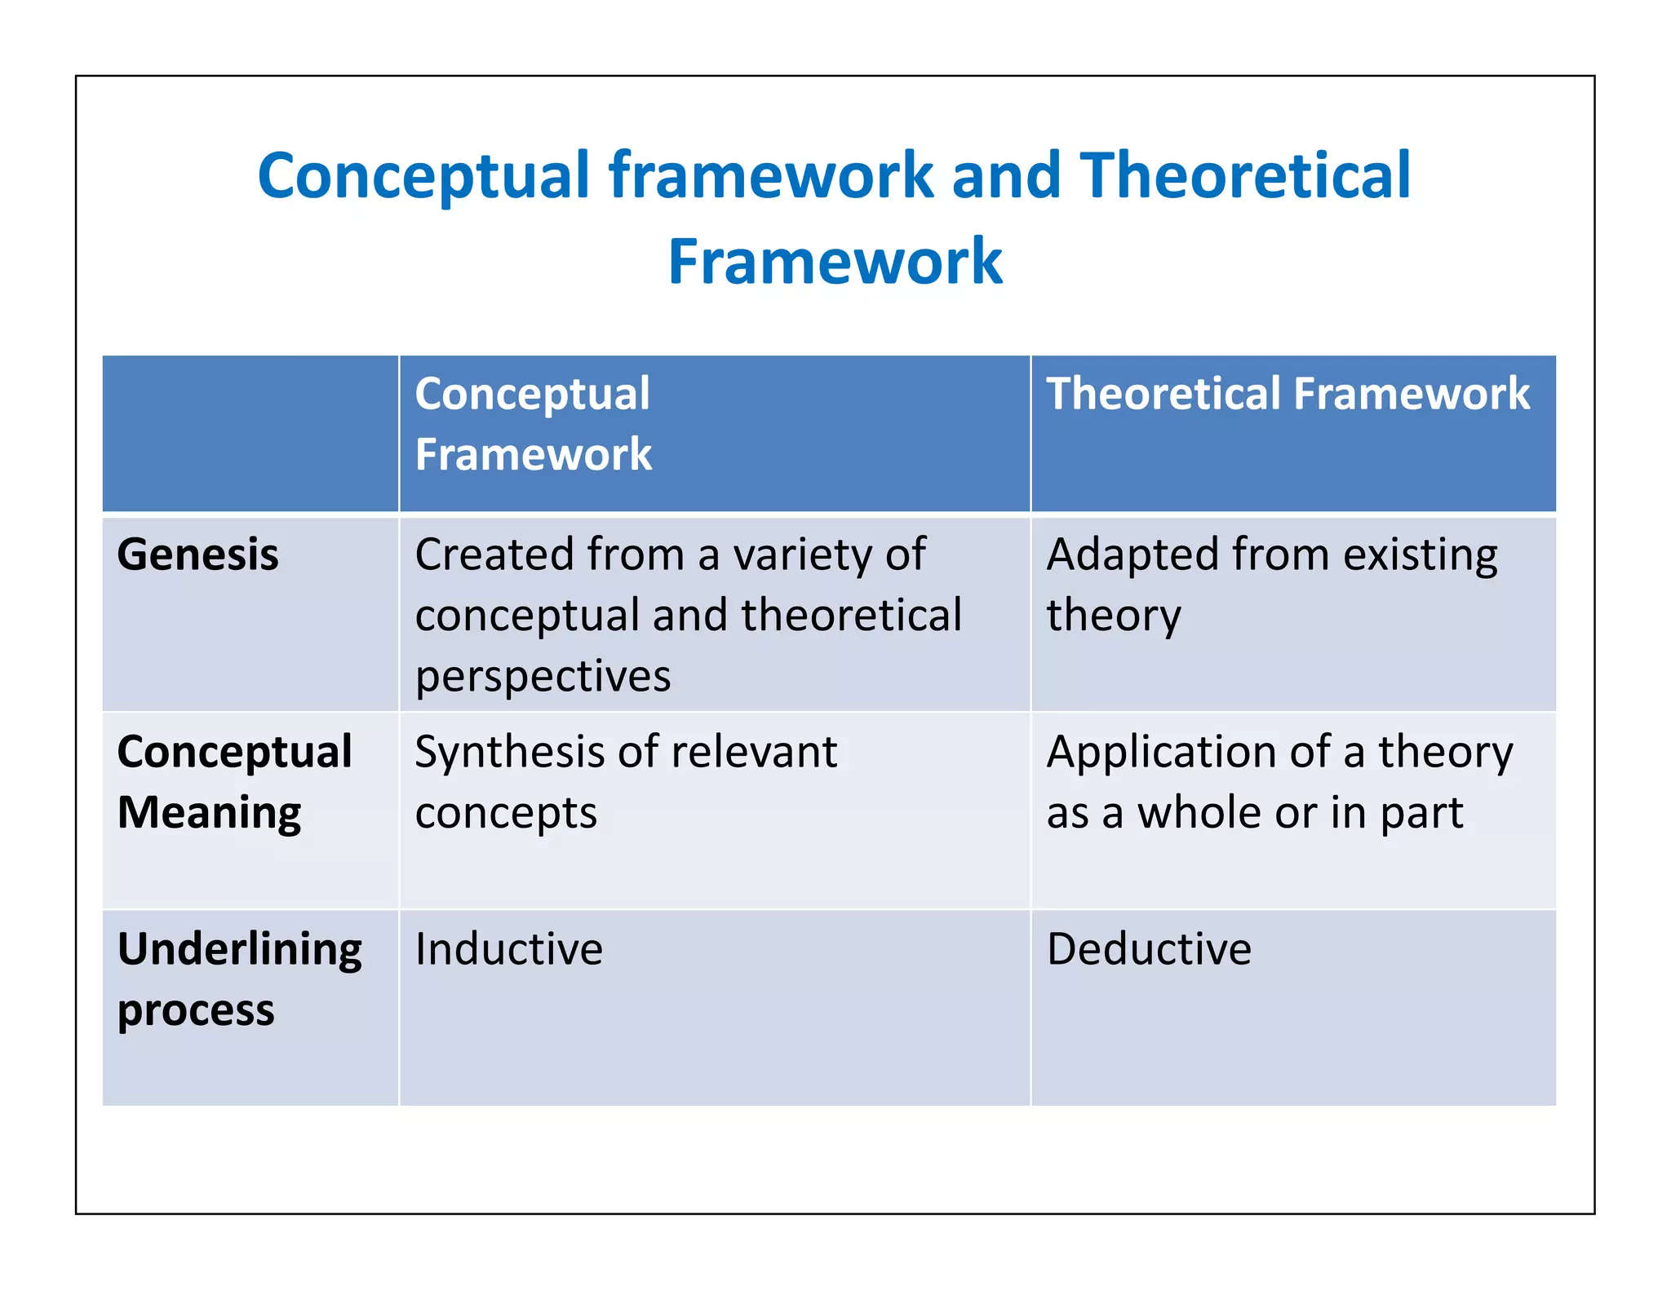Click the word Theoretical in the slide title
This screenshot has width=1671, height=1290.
point(1245,176)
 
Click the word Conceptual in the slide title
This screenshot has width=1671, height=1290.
point(423,176)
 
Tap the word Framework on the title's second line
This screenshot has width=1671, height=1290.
point(835,262)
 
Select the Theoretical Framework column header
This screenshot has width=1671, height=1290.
point(1288,394)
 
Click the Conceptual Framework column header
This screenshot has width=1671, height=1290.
point(533,424)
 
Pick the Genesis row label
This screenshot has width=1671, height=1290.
point(197,555)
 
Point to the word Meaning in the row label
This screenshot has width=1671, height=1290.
point(209,813)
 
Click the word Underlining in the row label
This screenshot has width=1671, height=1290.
point(239,949)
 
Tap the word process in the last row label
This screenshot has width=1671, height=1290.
point(196,1011)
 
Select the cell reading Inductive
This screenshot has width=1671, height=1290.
point(508,949)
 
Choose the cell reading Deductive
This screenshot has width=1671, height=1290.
point(1148,949)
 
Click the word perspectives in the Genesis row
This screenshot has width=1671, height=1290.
point(543,677)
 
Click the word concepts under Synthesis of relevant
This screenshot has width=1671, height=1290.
point(506,813)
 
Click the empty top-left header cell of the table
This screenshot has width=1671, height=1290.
point(250,433)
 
